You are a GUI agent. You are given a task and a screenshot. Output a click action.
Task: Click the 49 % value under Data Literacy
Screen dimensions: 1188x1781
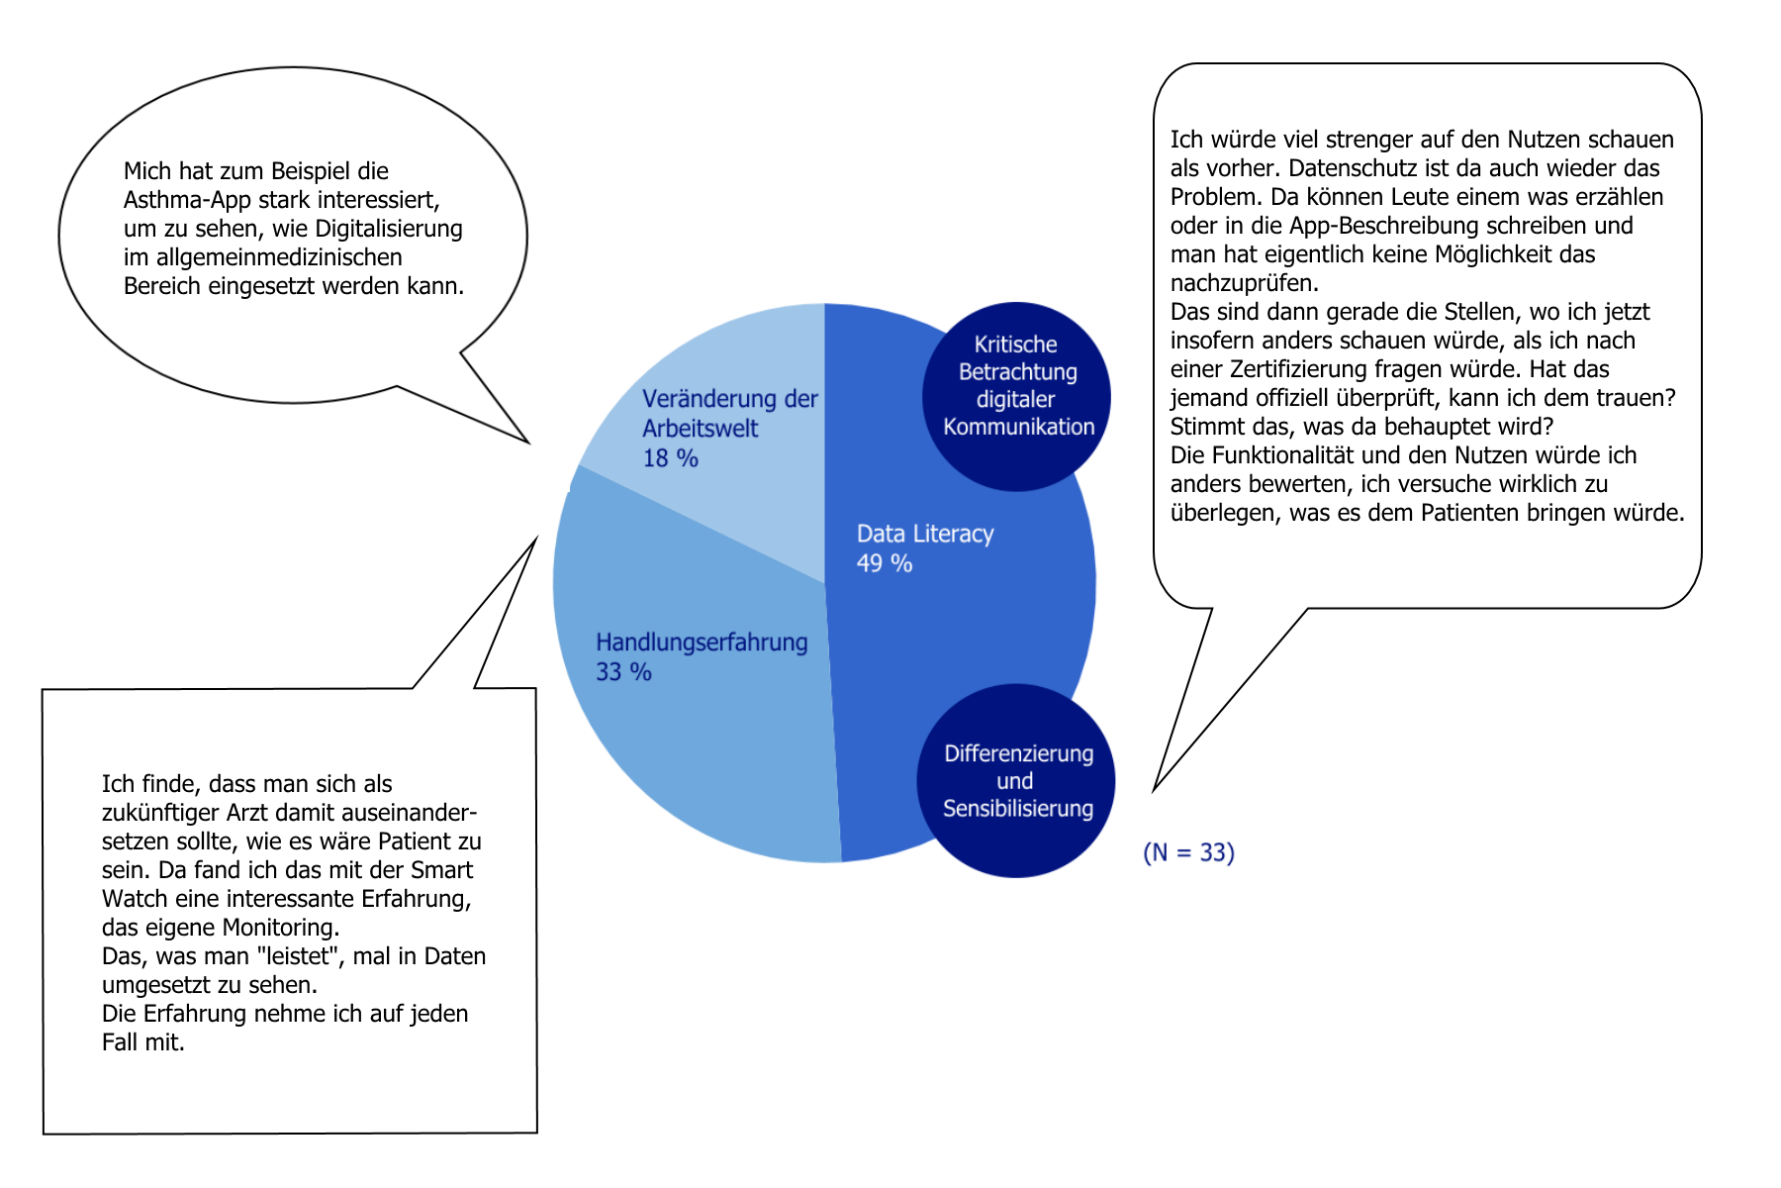(x=885, y=563)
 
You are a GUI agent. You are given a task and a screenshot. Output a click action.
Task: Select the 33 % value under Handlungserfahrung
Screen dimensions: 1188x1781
(x=623, y=672)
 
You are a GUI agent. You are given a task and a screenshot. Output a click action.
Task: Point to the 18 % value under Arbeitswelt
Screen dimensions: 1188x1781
(x=670, y=458)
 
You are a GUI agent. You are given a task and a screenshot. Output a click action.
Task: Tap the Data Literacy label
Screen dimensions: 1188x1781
(x=925, y=534)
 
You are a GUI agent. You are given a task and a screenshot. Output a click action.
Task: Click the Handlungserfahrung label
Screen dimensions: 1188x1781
(x=702, y=643)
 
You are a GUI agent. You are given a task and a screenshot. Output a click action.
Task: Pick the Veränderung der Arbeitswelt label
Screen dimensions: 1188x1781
(x=729, y=413)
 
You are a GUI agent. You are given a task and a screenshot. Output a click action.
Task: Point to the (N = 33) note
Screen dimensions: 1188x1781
(x=1188, y=852)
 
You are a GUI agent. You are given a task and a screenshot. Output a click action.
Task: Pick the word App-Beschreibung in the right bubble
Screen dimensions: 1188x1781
(x=1373, y=226)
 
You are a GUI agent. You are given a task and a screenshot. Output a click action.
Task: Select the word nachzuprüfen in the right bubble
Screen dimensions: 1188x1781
(x=1244, y=283)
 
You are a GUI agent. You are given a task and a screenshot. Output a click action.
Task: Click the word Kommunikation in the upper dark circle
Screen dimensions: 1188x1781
(x=1018, y=427)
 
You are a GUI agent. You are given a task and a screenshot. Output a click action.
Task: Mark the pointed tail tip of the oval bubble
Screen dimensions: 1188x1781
(x=528, y=442)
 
